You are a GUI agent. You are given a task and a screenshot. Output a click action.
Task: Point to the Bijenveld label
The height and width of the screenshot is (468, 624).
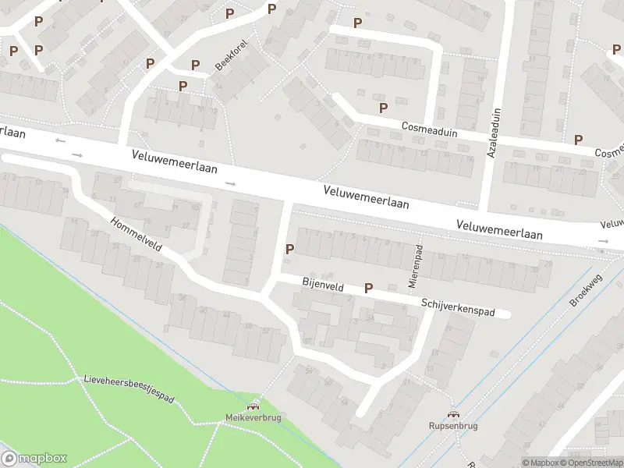322,286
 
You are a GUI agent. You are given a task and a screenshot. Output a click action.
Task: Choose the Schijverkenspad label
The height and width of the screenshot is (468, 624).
458,307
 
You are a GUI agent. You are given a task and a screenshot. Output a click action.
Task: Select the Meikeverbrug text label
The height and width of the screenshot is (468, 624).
253,418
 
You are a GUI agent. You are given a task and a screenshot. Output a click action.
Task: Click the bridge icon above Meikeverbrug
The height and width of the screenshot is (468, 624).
253,406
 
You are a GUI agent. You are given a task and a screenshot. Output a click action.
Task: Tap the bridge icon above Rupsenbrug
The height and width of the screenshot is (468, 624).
452,414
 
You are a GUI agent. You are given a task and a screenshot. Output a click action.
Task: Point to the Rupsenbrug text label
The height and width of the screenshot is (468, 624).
452,427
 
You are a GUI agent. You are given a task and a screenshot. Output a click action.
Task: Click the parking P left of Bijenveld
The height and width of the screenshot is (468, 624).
290,250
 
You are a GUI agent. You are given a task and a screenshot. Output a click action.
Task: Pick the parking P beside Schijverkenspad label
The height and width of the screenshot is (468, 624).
369,288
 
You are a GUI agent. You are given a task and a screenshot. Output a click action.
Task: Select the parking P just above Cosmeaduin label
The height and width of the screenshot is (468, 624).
383,108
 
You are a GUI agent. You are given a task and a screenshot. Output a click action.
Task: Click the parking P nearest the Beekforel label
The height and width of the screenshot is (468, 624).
196,65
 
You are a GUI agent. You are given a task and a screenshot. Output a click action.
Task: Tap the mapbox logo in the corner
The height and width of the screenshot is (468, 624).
34,459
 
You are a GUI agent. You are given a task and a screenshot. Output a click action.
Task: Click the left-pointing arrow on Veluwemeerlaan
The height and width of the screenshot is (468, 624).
61,141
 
